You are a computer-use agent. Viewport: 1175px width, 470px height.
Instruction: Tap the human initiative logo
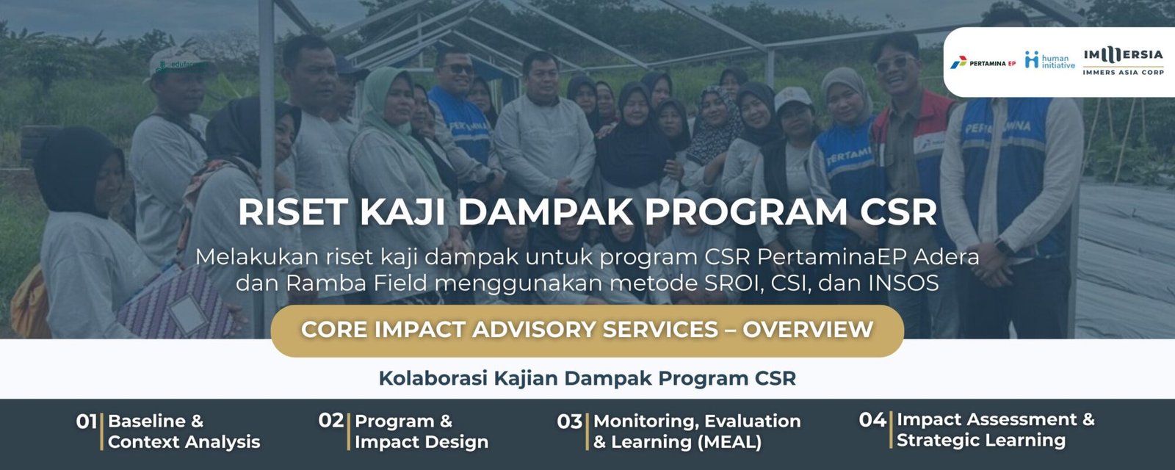point(1049,61)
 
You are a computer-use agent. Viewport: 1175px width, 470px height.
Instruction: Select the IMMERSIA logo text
point(1123,55)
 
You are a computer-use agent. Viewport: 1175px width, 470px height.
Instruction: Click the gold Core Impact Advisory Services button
point(587,330)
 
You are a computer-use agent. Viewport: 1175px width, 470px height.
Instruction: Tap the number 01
point(86,422)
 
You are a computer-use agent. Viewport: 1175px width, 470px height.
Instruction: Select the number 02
point(331,421)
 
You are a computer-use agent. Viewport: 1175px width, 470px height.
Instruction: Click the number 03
point(569,422)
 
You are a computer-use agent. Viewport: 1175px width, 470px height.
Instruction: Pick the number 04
point(872,420)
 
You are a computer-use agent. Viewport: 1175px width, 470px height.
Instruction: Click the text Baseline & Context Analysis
point(184,431)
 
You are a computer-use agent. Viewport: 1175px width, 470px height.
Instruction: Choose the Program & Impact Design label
point(421,431)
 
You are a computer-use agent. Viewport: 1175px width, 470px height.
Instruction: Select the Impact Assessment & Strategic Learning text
point(994,430)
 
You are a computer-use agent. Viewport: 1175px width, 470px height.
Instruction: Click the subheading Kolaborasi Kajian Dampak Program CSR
point(587,378)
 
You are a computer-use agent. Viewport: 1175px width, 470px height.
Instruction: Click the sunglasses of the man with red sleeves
point(894,64)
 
